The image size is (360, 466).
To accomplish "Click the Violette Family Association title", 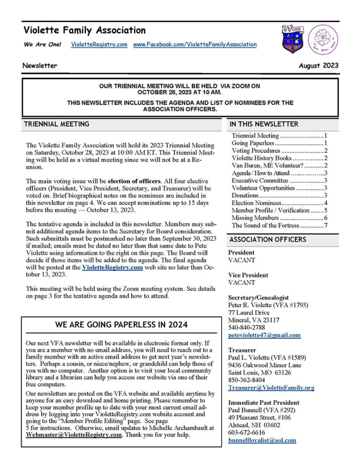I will (85, 31).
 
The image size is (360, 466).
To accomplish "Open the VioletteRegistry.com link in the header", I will (99, 45).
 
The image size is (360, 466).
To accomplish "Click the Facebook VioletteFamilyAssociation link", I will (195, 45).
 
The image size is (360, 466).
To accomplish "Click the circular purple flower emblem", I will (323, 39).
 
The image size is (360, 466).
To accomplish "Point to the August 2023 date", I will (319, 66).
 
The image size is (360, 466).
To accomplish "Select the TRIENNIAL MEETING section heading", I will (56, 124).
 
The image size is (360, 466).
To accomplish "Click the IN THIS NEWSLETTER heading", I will (264, 124).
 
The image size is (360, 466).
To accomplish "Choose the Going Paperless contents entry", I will (253, 143).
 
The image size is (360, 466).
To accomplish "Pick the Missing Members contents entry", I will (256, 218).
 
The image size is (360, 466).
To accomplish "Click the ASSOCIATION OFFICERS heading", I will (268, 239).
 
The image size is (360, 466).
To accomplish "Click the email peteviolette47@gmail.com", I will (264, 335).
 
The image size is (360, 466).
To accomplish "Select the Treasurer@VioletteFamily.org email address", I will (271, 388).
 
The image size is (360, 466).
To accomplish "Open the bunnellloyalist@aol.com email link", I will (262, 440).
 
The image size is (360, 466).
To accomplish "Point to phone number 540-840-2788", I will (247, 327).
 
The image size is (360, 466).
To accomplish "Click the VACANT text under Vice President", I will (242, 283).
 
